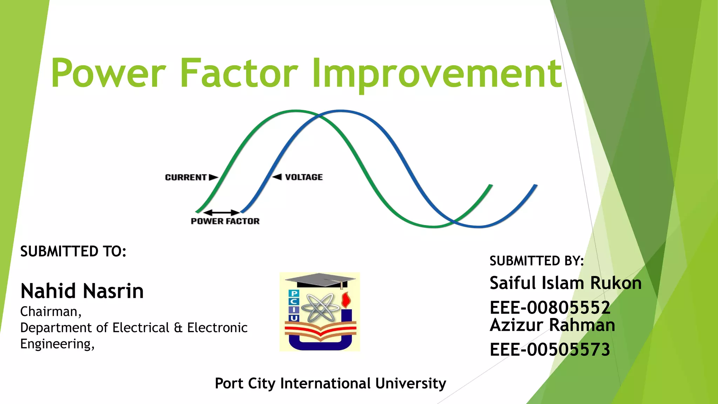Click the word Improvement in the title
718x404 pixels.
(x=437, y=74)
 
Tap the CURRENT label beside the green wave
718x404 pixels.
(x=186, y=177)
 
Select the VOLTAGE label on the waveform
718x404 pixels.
(x=304, y=177)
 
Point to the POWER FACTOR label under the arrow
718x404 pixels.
(x=225, y=221)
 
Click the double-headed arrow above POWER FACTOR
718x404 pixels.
(x=221, y=213)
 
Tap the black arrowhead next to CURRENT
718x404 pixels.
(x=213, y=177)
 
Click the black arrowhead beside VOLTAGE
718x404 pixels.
(x=277, y=177)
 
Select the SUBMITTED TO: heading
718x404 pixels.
(x=73, y=251)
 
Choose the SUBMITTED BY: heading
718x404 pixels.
(x=537, y=261)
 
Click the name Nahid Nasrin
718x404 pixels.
(x=82, y=291)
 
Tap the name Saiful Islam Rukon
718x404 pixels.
(x=565, y=283)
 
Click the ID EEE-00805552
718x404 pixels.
(x=550, y=308)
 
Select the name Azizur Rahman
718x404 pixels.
(x=552, y=325)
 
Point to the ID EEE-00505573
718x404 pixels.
(x=550, y=350)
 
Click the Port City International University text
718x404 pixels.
(x=330, y=383)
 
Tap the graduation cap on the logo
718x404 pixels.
(x=320, y=280)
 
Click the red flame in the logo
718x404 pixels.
(x=346, y=299)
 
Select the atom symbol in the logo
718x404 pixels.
(x=320, y=308)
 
